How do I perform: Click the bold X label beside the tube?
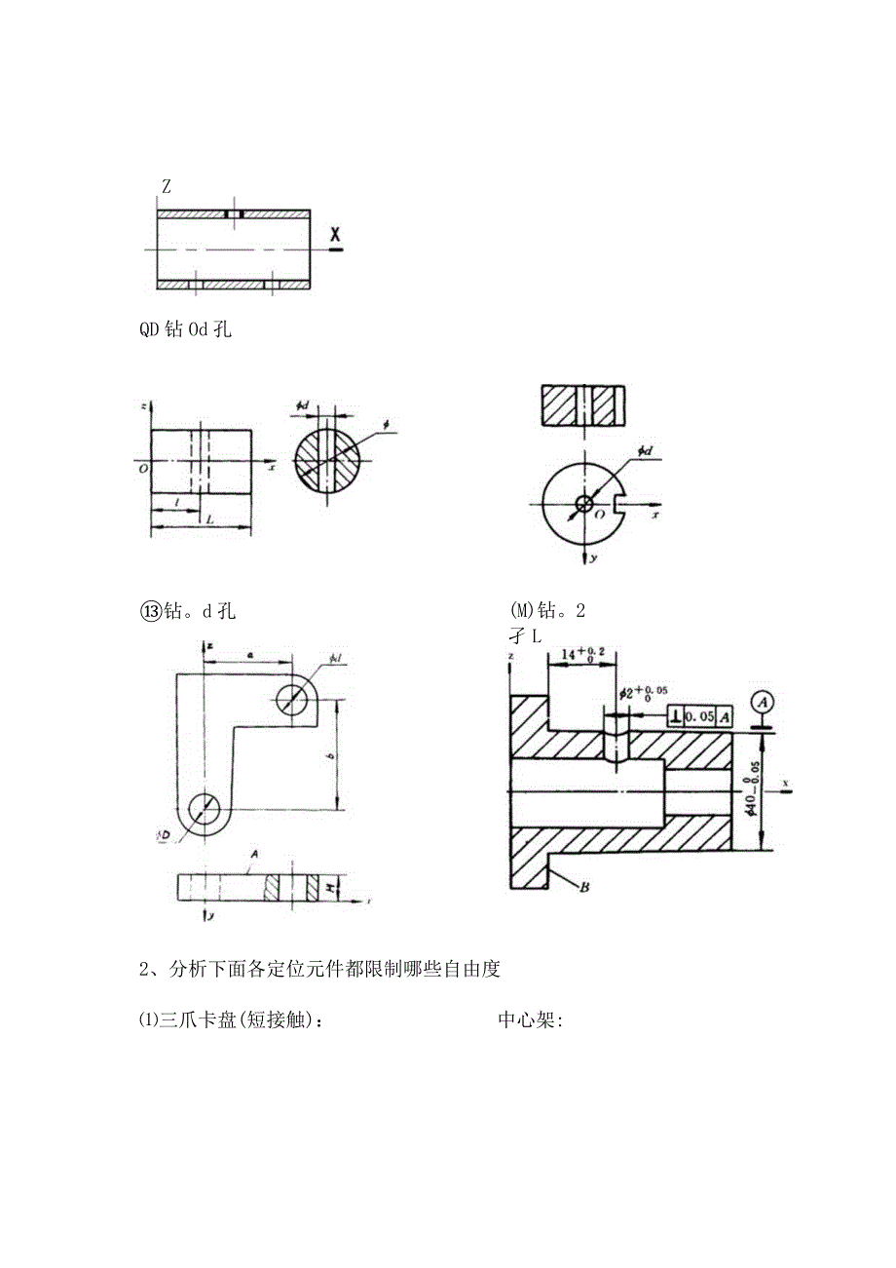tap(336, 234)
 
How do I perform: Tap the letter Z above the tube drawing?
tap(167, 187)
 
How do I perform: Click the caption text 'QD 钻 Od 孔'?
tap(185, 329)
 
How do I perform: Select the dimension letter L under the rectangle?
tap(209, 520)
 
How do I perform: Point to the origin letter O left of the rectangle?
tap(143, 467)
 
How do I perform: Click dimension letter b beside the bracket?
tap(331, 756)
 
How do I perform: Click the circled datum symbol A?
tap(763, 701)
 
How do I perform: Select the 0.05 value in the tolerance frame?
tap(700, 717)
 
